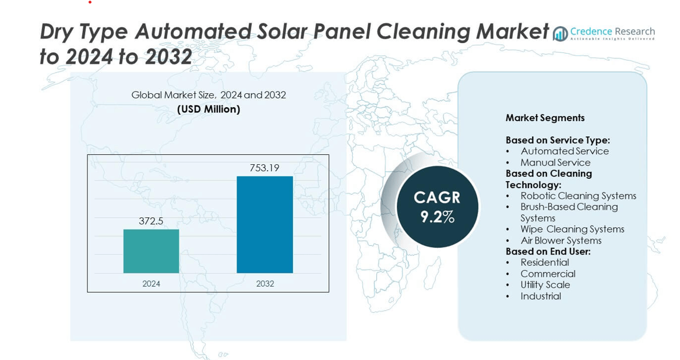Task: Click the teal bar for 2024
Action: click(151, 251)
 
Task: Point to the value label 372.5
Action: click(151, 221)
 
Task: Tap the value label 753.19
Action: click(265, 168)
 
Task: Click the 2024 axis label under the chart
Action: click(151, 284)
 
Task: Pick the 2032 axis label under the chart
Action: click(265, 284)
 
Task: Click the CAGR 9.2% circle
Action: click(437, 207)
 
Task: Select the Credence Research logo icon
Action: click(561, 34)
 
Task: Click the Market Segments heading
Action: click(545, 118)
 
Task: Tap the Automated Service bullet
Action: click(564, 151)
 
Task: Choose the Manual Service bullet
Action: click(555, 163)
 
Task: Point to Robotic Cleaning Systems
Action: click(578, 196)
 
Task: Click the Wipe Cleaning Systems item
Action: click(572, 230)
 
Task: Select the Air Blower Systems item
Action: click(561, 241)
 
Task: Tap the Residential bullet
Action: click(544, 263)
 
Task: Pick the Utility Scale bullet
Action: click(545, 285)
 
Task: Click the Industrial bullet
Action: click(541, 296)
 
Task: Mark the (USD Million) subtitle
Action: click(209, 109)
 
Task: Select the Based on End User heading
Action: click(548, 252)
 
